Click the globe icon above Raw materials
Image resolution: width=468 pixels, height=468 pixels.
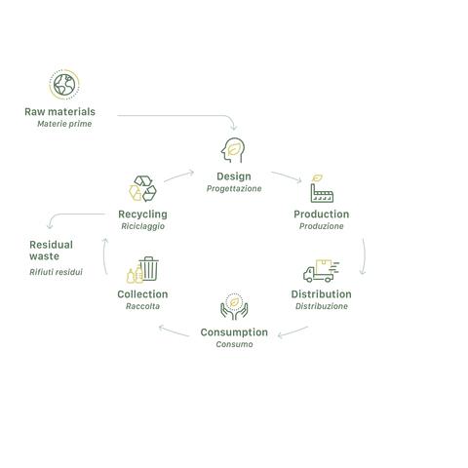pyautogui.click(x=64, y=85)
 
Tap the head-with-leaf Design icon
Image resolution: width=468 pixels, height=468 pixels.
pyautogui.click(x=233, y=150)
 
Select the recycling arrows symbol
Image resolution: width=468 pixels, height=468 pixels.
pyautogui.click(x=142, y=189)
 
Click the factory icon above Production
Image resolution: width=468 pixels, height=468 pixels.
pyautogui.click(x=322, y=189)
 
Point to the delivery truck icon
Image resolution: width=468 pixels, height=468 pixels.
pyautogui.click(x=321, y=270)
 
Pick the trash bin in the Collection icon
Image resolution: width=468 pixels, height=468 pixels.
pyautogui.click(x=149, y=269)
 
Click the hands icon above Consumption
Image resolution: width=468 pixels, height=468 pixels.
pyautogui.click(x=234, y=306)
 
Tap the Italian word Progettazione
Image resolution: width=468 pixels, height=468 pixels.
pyautogui.click(x=234, y=189)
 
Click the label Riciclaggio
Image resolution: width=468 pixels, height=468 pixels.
pyautogui.click(x=142, y=226)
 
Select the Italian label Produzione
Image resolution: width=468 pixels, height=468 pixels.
pyautogui.click(x=321, y=226)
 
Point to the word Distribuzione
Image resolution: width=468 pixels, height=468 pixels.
pyautogui.click(x=322, y=306)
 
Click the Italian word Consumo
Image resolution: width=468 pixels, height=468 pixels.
pyautogui.click(x=234, y=344)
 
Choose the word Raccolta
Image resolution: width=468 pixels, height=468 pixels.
pyautogui.click(x=142, y=306)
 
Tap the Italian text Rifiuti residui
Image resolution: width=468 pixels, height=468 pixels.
pyautogui.click(x=56, y=272)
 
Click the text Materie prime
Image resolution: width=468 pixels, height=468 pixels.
pyautogui.click(x=64, y=124)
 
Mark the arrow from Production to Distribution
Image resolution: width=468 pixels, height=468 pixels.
pyautogui.click(x=364, y=256)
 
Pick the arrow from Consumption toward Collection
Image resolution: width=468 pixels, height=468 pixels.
pyautogui.click(x=174, y=331)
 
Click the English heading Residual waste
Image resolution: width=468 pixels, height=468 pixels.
pyautogui.click(x=51, y=251)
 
